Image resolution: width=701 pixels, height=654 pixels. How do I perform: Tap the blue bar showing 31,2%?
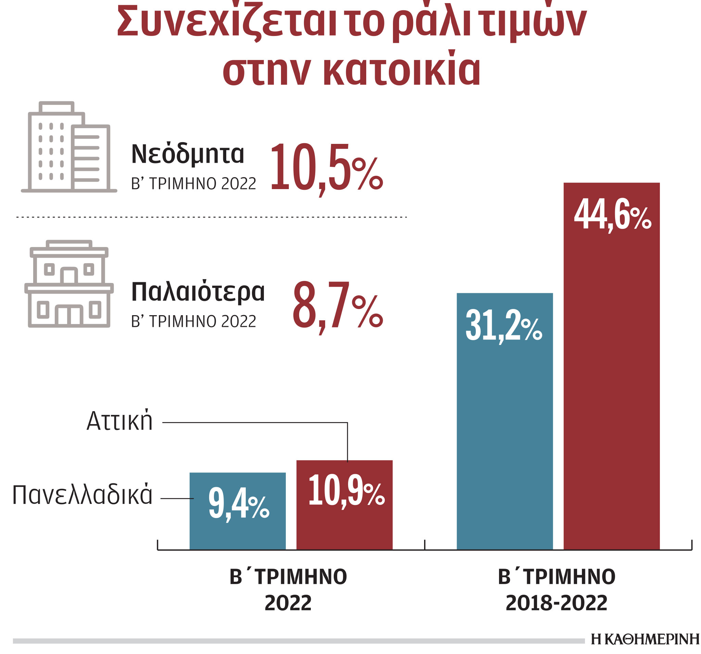[x=505, y=441]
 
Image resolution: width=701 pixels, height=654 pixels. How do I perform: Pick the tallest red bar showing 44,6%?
[x=611, y=388]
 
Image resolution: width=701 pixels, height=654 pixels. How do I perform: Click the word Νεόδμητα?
[x=188, y=154]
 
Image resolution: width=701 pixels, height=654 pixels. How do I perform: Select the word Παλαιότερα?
[x=198, y=292]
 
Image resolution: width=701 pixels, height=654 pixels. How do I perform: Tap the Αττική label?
[x=119, y=421]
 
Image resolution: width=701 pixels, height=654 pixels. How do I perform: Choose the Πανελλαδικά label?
[x=82, y=495]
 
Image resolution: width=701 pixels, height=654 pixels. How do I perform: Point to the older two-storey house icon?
[x=69, y=284]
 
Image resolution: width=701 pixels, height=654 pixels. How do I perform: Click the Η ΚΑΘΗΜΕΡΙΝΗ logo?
[x=645, y=639]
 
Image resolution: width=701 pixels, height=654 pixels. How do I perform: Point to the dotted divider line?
[x=212, y=217]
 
